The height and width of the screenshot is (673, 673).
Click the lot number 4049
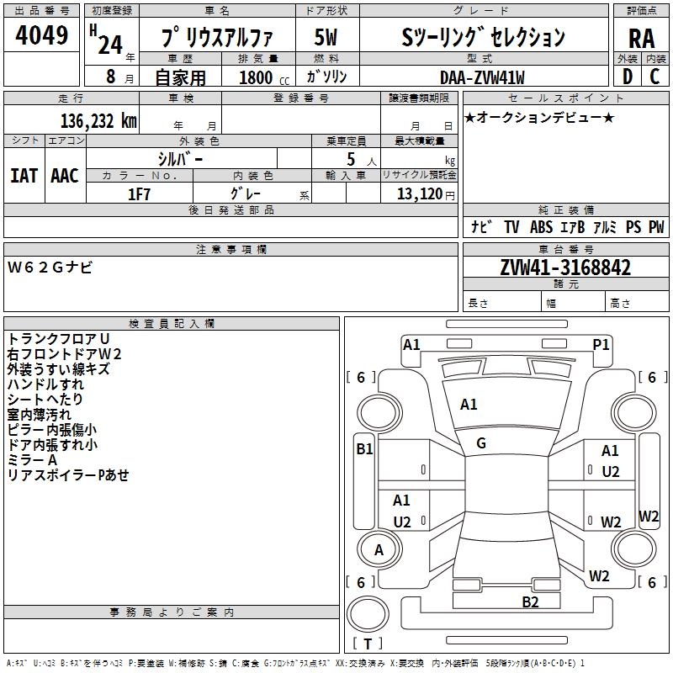41,37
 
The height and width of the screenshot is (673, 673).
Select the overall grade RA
641,39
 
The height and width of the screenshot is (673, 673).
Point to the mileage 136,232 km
99,120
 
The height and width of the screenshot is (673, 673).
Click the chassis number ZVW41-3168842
565,268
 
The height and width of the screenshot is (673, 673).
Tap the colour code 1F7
139,194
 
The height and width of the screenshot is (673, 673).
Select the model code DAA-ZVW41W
482,77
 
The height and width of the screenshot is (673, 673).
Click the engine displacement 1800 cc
260,77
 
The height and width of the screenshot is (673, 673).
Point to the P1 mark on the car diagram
601,344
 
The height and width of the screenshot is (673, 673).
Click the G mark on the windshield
481,443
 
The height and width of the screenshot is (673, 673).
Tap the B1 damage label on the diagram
363,449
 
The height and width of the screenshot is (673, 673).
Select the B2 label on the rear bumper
530,601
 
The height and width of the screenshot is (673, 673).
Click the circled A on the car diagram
379,550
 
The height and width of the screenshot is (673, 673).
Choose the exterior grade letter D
627,77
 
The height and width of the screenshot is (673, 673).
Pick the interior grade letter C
654,77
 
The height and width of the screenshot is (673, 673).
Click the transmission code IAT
24,176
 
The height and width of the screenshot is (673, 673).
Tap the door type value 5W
326,37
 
